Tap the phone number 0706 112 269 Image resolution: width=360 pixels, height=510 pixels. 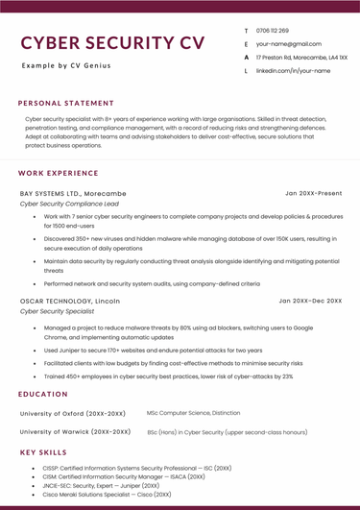[272, 31]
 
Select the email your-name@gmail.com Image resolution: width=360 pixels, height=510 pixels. [288, 44]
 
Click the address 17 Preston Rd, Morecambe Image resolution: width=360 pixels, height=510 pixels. [301, 58]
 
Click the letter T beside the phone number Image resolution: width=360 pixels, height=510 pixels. [246, 31]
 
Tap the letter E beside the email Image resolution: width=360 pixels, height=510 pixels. [246, 44]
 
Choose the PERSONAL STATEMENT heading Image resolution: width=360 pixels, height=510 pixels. [65, 103]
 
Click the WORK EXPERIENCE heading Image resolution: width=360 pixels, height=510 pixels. [59, 173]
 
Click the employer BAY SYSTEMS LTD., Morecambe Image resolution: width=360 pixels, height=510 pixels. [72, 193]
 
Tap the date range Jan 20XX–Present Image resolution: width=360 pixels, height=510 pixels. [313, 193]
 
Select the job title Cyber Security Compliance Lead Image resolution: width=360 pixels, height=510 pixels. [69, 204]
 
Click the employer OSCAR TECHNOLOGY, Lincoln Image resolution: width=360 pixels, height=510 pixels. [70, 301]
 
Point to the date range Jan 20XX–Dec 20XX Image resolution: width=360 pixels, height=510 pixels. [310, 301]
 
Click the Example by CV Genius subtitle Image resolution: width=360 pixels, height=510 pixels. [66, 65]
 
